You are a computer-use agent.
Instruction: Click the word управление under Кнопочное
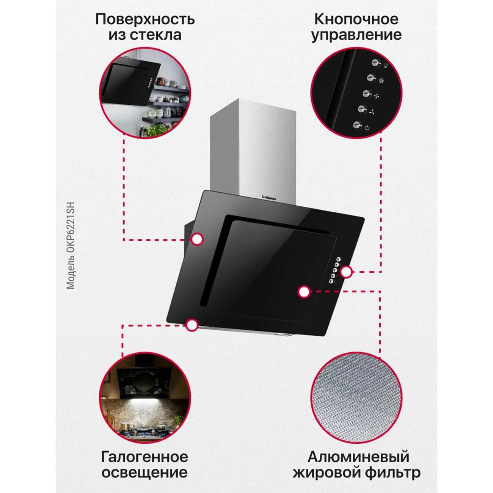(x=356, y=35)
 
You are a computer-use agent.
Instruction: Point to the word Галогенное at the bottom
(x=144, y=457)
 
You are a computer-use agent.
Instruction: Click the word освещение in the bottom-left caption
(x=144, y=473)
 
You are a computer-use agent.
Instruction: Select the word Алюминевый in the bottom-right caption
(x=358, y=457)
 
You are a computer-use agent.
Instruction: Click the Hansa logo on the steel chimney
(x=270, y=197)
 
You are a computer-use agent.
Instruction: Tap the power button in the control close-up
(x=357, y=125)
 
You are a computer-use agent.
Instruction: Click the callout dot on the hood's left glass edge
(x=197, y=239)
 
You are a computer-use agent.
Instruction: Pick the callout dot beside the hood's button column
(x=346, y=272)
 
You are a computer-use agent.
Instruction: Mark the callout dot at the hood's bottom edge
(x=192, y=325)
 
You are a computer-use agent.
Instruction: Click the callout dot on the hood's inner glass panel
(x=303, y=292)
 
